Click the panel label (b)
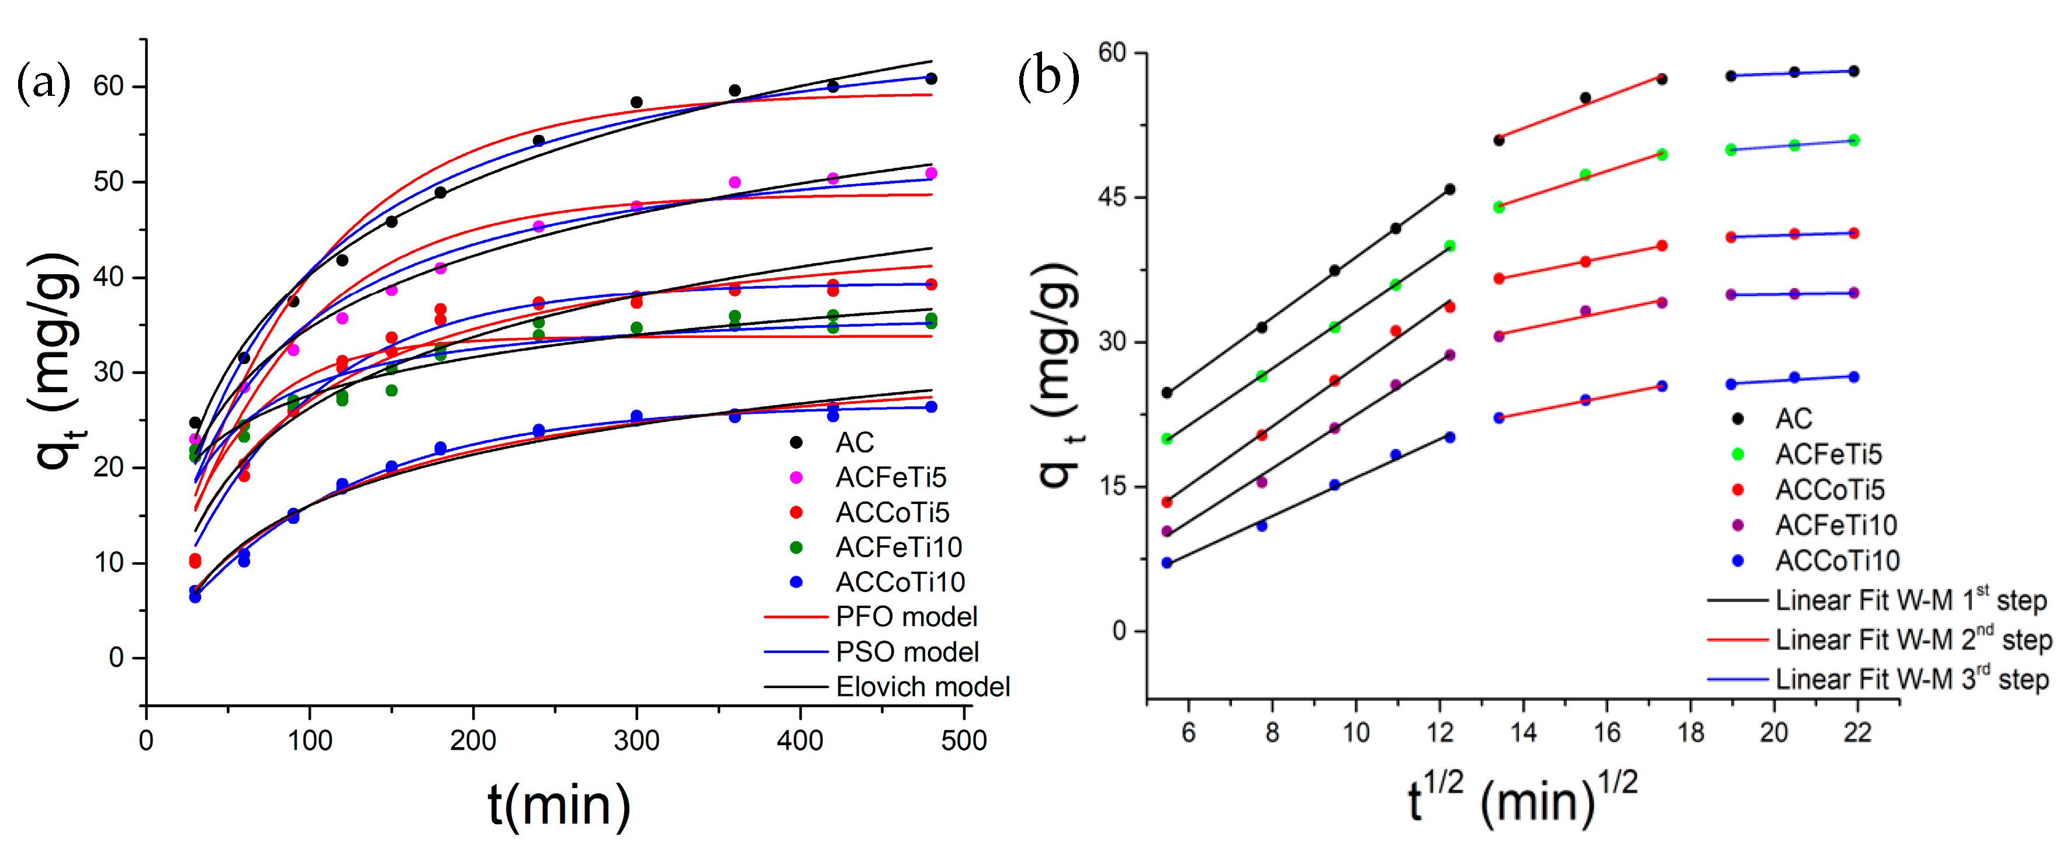point(1048,78)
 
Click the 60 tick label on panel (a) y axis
point(108,86)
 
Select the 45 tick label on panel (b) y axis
point(1112,198)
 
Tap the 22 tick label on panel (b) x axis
point(1857,732)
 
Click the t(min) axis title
point(559,804)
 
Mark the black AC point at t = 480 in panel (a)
point(931,78)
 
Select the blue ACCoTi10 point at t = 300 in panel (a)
point(637,416)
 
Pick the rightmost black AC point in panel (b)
point(1853,71)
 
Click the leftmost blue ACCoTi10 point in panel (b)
point(1167,563)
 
